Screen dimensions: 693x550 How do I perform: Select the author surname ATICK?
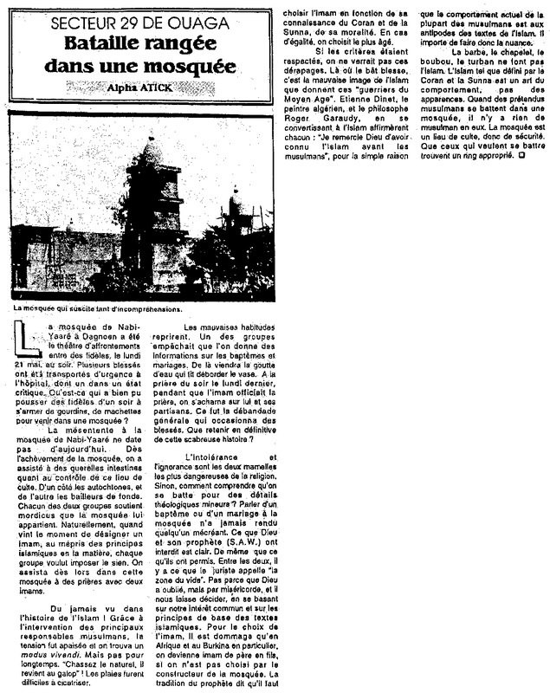click(x=159, y=87)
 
